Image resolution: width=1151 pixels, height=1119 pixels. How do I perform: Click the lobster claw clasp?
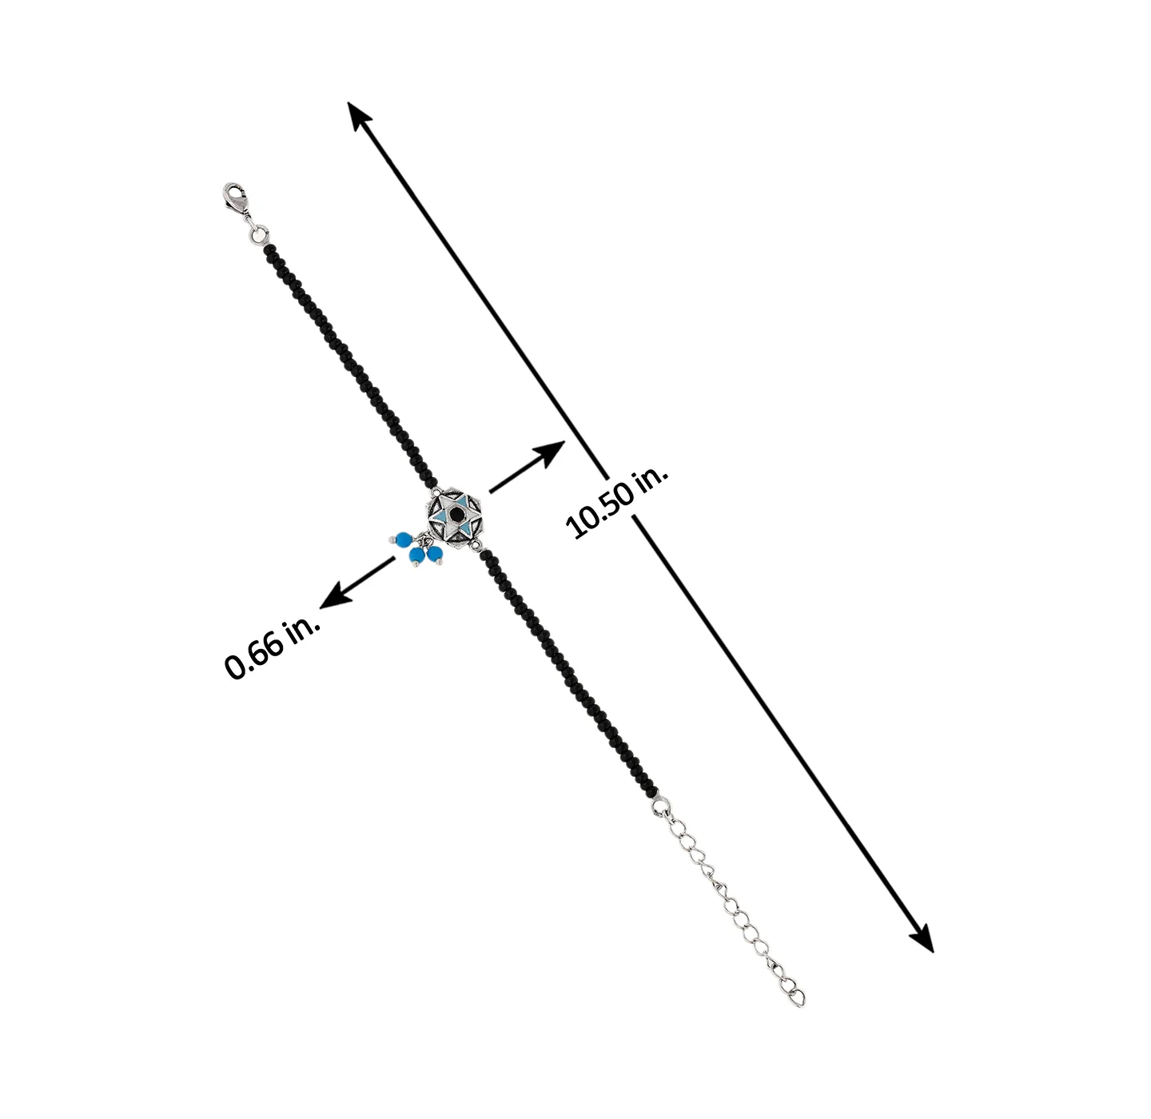point(237,201)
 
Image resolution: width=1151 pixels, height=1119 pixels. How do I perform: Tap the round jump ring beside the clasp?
point(258,235)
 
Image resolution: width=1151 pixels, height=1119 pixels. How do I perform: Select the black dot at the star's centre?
point(456,515)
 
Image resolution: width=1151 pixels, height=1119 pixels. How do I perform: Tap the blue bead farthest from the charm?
point(404,539)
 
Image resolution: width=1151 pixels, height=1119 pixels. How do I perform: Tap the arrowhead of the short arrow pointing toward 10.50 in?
point(549,453)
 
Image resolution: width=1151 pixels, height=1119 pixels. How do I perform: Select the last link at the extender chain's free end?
point(796,996)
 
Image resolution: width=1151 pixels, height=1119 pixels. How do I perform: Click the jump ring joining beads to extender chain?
point(661,806)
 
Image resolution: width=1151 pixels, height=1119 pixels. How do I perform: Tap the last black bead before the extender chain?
point(653,791)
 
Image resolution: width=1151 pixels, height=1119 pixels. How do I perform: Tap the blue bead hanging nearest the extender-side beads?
point(435,554)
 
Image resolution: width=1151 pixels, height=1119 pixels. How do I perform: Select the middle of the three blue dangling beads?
point(417,556)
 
